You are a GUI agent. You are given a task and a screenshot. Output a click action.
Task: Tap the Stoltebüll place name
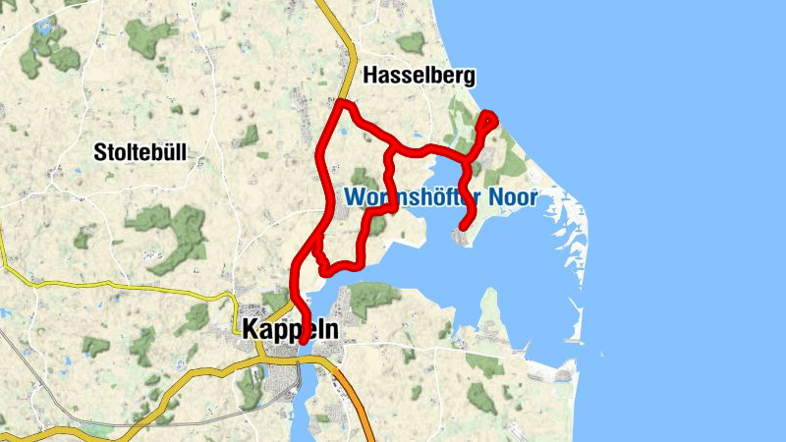(140, 151)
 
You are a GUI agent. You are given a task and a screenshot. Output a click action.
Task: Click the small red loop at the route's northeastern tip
(488, 122)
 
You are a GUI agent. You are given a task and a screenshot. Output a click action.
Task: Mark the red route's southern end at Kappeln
(303, 342)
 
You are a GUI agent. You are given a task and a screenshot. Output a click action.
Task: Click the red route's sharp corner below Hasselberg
(341, 103)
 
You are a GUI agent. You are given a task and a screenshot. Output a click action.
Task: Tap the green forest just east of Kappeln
(367, 295)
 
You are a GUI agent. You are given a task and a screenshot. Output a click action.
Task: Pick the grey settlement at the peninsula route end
(461, 235)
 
